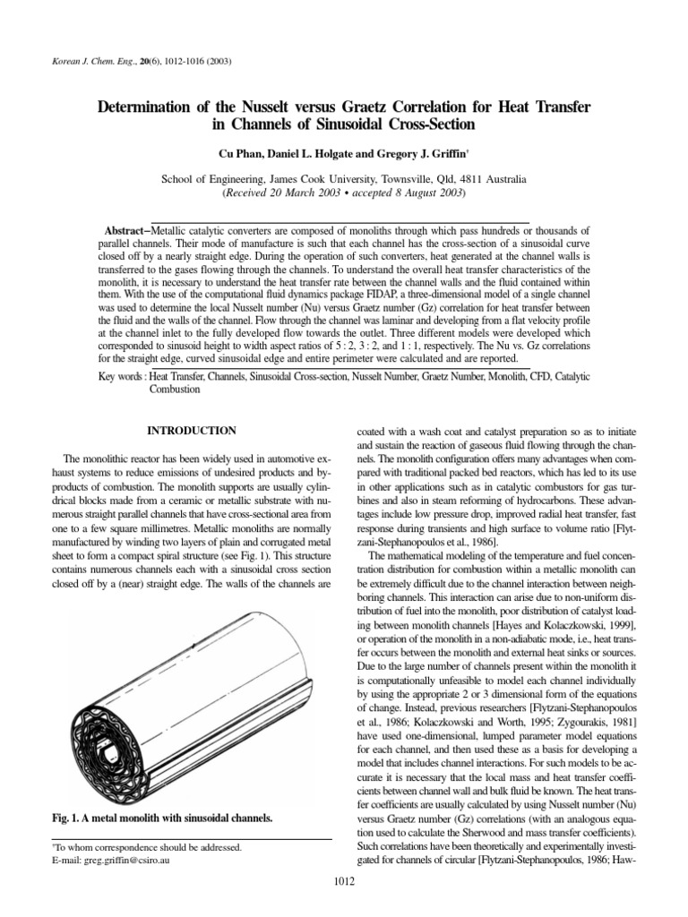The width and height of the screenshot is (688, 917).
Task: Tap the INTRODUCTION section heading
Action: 191,431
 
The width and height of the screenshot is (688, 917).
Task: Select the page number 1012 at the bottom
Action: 344,884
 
